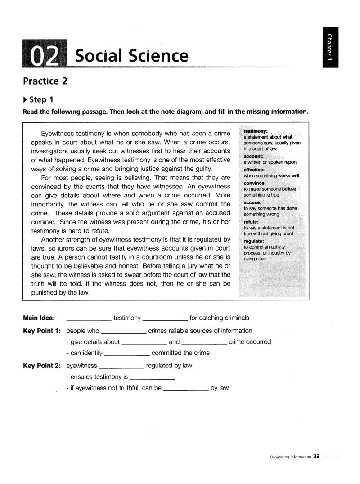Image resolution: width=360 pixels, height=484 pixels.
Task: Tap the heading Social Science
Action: click(131, 56)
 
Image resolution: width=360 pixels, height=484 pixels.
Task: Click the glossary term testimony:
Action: click(256, 131)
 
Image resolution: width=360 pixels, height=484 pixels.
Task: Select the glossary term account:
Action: click(253, 156)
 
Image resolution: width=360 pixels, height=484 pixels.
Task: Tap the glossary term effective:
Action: click(254, 170)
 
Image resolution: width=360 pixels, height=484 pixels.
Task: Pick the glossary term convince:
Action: click(255, 183)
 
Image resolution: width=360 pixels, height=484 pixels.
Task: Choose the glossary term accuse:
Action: click(252, 202)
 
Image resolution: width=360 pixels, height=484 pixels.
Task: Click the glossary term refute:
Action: click(251, 222)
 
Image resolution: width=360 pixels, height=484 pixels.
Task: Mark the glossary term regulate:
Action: click(254, 241)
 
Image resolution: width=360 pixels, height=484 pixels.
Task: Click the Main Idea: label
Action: click(39, 318)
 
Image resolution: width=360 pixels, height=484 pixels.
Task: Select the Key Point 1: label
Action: click(42, 331)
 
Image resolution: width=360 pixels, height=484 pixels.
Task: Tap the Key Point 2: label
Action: click(42, 366)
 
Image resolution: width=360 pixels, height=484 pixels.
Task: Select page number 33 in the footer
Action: click(317, 457)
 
